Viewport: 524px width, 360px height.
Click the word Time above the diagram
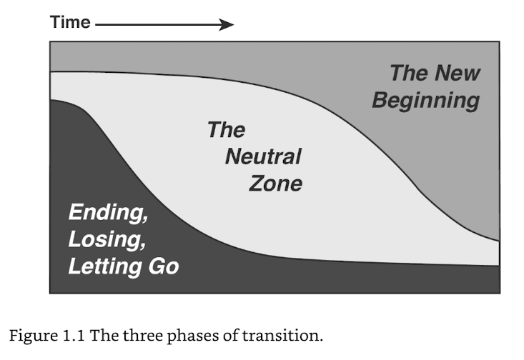[x=70, y=22]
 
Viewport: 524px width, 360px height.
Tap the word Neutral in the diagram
[x=263, y=156]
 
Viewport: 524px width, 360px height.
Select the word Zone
[x=276, y=184]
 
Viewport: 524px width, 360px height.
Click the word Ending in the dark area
[x=108, y=212]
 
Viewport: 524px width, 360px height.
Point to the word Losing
[x=107, y=239]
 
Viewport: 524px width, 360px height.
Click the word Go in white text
[x=164, y=266]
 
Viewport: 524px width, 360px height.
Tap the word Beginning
[x=426, y=101]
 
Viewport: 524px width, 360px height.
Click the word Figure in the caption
[x=33, y=336]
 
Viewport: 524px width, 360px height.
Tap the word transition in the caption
[x=282, y=335]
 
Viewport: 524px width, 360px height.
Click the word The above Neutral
[x=226, y=129]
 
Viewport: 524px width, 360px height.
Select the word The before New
[x=410, y=73]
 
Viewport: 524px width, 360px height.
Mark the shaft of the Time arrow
[x=157, y=24]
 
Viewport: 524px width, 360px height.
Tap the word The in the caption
[x=104, y=335]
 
